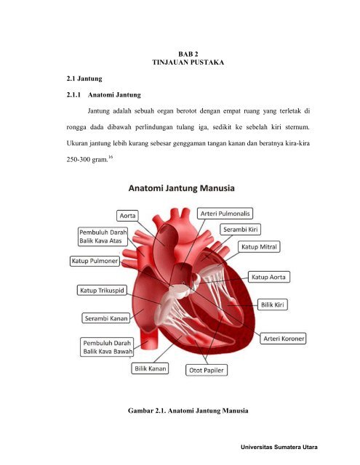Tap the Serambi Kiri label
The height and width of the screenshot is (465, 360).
[241, 229]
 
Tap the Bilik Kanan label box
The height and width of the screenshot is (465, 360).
[151, 369]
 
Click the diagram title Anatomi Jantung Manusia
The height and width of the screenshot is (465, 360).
[182, 188]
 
